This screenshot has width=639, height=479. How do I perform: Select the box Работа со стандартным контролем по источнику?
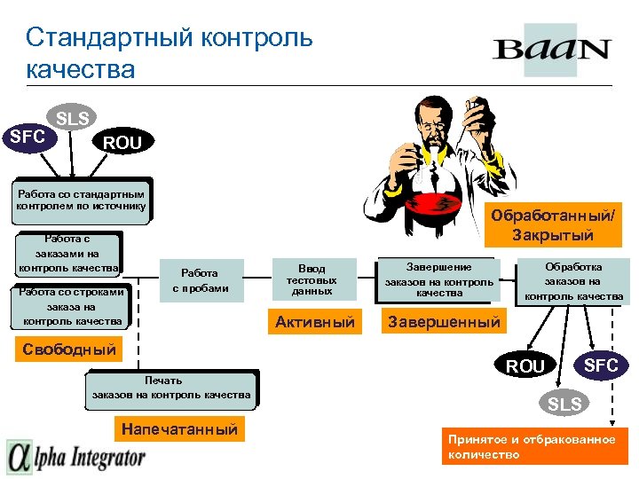(x=81, y=200)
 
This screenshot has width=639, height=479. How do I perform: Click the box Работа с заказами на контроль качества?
(x=69, y=254)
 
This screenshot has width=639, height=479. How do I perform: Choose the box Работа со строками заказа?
(x=73, y=306)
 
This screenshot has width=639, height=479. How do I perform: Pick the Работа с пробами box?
(x=200, y=280)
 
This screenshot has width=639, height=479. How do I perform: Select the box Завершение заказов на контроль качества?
(x=438, y=279)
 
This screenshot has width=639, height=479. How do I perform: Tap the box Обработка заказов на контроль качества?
(x=573, y=281)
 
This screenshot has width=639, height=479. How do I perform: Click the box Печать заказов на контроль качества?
(x=171, y=388)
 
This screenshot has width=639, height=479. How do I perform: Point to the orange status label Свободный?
(x=68, y=349)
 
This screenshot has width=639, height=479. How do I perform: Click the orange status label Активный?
(x=314, y=321)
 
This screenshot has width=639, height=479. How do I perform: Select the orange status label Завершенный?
(x=444, y=321)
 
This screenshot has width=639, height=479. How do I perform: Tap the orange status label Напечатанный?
(x=180, y=429)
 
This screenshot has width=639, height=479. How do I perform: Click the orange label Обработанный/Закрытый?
(x=552, y=225)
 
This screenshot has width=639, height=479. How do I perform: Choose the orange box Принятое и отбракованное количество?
(x=532, y=446)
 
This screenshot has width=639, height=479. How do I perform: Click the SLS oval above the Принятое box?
(x=565, y=404)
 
